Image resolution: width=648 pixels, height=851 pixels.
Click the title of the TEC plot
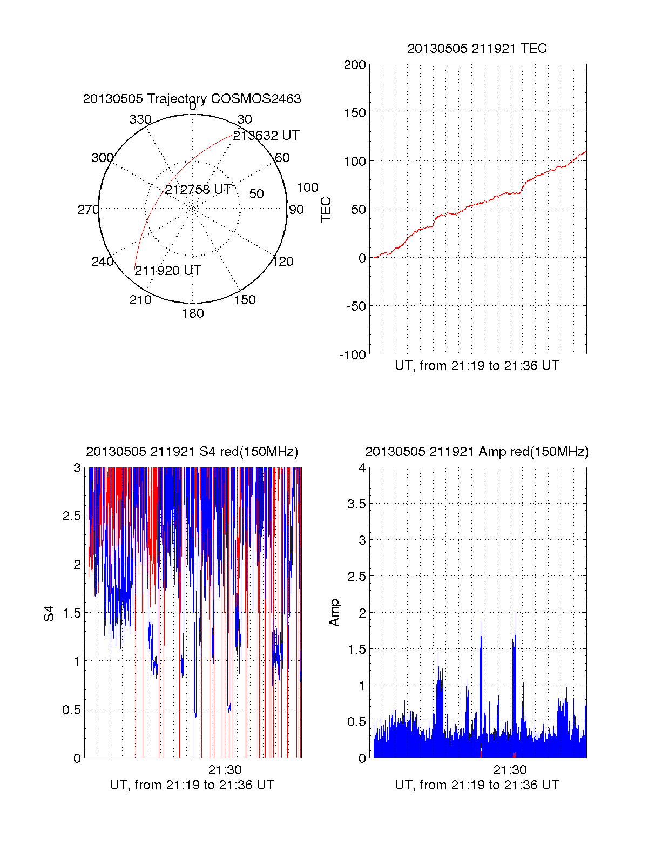477,49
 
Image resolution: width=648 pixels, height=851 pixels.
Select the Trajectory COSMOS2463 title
192,99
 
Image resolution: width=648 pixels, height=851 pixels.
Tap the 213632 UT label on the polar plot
266,136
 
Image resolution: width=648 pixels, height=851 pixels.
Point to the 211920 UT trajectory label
168,271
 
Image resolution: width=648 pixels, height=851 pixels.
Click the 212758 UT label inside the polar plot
198,190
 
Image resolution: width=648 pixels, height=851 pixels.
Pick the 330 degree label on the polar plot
140,119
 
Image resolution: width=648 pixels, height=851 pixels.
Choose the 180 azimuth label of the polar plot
193,313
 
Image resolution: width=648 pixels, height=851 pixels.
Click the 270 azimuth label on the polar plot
88,210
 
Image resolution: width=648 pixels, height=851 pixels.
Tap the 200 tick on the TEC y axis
355,65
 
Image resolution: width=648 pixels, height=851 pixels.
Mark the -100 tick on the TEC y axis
353,355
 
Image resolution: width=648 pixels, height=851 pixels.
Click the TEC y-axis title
326,210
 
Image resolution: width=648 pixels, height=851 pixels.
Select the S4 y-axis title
49,613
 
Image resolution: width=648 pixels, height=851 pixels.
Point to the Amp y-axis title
334,613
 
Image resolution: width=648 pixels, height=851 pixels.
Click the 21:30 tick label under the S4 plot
225,769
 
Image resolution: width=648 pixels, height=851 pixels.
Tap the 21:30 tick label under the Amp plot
510,769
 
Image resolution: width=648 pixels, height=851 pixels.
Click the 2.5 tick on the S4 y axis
72,516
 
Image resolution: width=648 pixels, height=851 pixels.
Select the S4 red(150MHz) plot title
192,452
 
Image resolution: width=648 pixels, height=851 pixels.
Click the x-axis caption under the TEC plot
477,366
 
